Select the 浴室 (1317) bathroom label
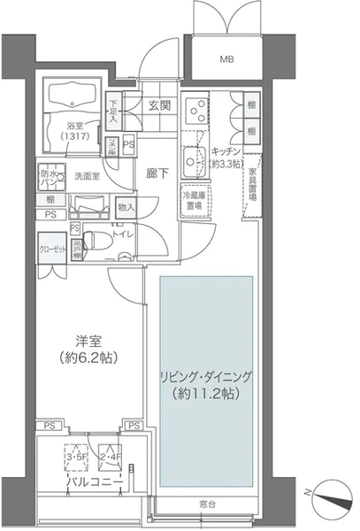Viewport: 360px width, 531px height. click(x=73, y=131)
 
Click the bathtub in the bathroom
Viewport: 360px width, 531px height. click(x=73, y=97)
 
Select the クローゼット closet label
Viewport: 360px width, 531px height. click(x=50, y=250)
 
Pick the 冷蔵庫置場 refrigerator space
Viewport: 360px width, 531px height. click(x=193, y=199)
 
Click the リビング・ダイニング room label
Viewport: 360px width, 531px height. click(x=206, y=384)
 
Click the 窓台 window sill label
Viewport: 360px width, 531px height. click(x=208, y=503)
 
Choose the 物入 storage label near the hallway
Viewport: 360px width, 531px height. click(x=126, y=208)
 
